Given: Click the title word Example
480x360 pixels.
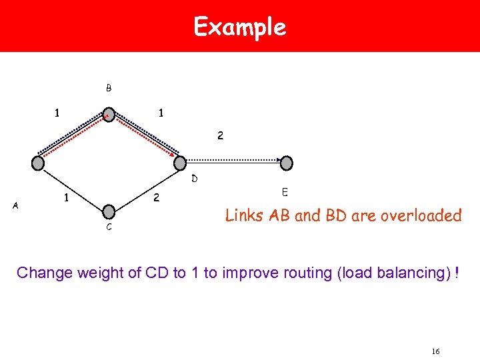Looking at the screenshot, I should point(239,27).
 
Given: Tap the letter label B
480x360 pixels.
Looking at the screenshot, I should point(109,88).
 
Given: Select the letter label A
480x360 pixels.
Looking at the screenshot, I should point(15,207).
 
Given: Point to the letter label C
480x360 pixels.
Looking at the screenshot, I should point(109,228).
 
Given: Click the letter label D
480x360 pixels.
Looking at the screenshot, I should point(194,179).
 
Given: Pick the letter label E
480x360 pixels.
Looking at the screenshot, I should point(285,193).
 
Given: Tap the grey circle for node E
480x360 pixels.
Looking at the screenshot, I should point(286,163).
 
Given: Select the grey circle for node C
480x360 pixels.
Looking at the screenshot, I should point(109,212).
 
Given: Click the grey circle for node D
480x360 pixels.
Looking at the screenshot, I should point(179,163).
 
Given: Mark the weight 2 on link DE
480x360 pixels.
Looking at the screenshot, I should point(220,135).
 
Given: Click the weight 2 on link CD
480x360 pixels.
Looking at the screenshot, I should point(156,198).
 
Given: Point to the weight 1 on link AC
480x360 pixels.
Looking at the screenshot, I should point(65,198).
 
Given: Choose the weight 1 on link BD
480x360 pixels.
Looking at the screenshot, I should point(161,114).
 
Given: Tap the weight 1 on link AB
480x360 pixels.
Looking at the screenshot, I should point(57,114).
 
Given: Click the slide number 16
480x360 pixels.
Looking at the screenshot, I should point(436,351).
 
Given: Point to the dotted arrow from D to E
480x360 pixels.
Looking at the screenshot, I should point(233,160).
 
